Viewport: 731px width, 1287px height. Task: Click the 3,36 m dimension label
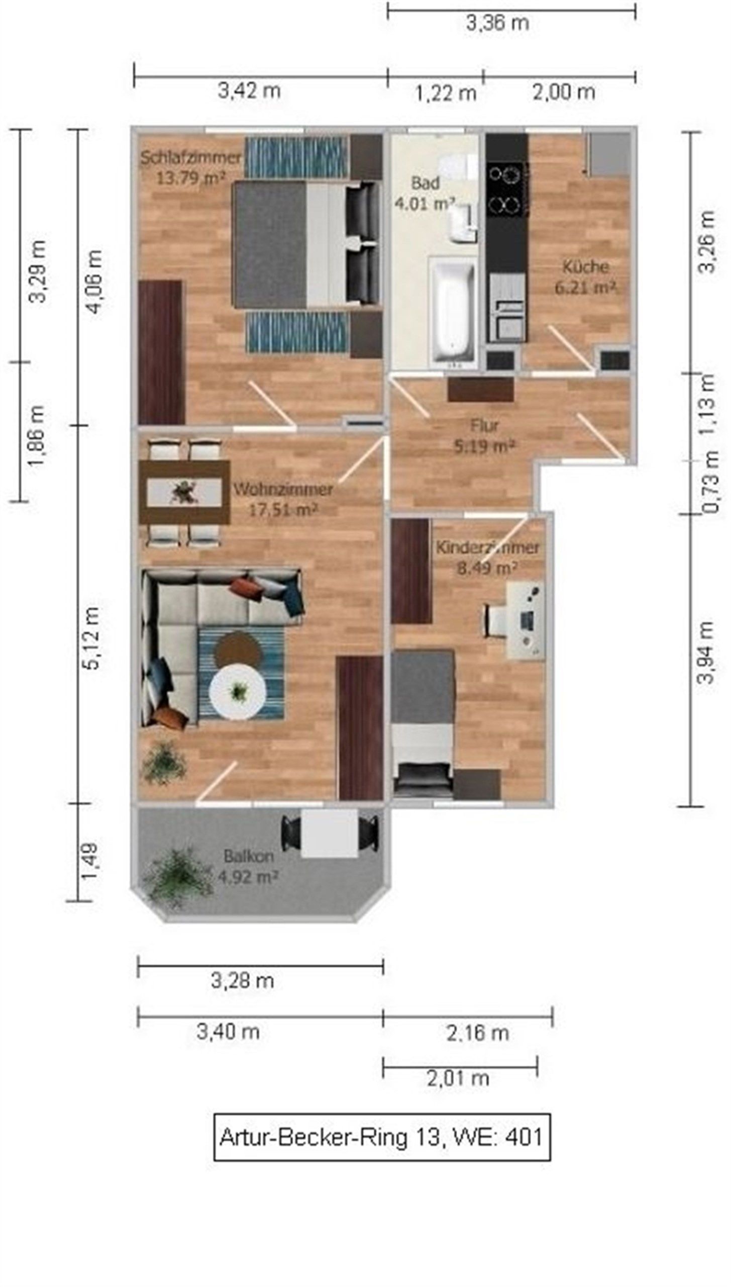[497, 23]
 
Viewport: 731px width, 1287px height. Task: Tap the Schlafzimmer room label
[191, 158]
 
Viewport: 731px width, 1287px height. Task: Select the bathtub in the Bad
[452, 312]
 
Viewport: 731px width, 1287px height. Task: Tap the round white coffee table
[237, 692]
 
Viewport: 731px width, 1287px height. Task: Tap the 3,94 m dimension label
[705, 652]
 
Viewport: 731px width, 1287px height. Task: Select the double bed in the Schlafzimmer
[306, 244]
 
